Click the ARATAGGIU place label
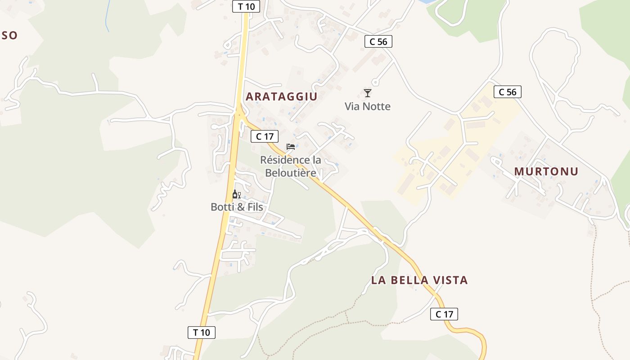[282, 96]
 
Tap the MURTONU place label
[546, 171]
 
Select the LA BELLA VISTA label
[419, 280]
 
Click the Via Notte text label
[368, 107]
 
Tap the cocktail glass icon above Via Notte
[368, 93]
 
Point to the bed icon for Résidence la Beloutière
[291, 147]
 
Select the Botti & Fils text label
[237, 207]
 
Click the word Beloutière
[291, 173]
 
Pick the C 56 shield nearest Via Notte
[378, 41]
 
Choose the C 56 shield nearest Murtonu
[508, 92]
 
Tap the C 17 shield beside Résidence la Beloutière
[265, 136]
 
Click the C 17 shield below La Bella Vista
[444, 314]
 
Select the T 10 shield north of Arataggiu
[246, 6]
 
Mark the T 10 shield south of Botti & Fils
[202, 333]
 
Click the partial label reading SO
[9, 36]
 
